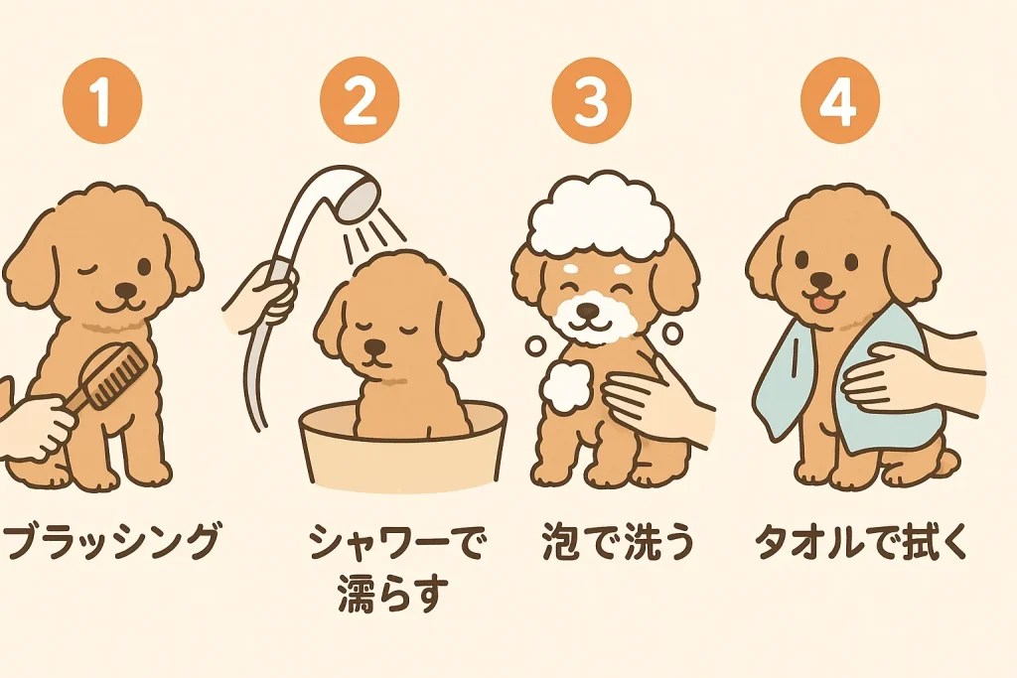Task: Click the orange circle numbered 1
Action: point(102,102)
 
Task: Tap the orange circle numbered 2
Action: point(360,102)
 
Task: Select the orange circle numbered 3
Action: point(592,102)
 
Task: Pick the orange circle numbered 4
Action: point(840,102)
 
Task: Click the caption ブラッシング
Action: point(111,541)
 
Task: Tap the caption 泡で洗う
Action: point(619,541)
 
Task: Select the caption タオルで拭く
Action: point(862,541)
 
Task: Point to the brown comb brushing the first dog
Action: point(108,378)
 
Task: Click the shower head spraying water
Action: point(359,197)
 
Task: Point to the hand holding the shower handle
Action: point(261,295)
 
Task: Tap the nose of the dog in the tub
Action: point(374,348)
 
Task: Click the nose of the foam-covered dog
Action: point(588,311)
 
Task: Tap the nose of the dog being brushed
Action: point(126,290)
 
